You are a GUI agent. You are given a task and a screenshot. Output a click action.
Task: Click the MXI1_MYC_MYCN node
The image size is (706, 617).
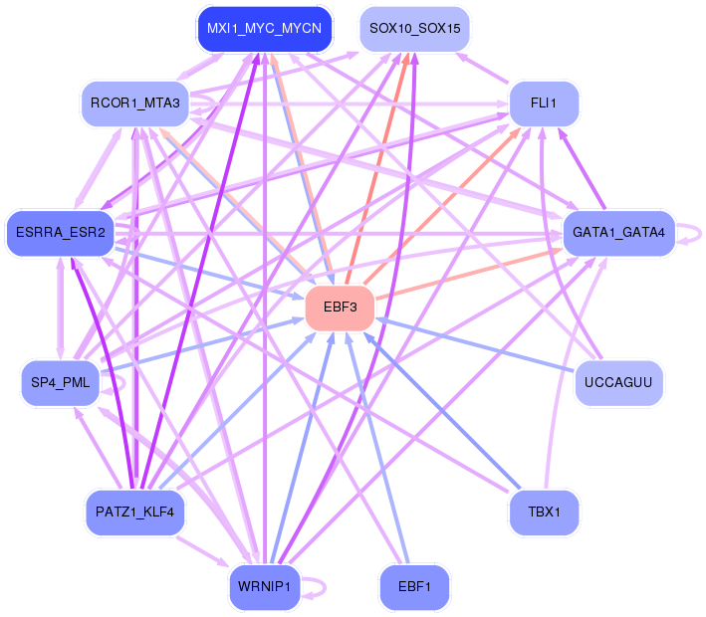tap(264, 29)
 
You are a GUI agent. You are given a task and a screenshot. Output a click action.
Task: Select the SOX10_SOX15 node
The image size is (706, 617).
tap(414, 29)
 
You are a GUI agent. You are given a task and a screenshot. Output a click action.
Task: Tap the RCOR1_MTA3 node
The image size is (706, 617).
tap(134, 103)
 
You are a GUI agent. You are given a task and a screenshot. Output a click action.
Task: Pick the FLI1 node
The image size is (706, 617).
tap(544, 103)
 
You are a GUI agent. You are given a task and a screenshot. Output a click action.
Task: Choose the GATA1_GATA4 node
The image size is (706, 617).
tap(618, 233)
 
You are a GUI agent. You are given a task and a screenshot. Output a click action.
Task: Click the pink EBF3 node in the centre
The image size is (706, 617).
tap(340, 307)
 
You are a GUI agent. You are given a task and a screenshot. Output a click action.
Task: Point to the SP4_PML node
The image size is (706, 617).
tap(62, 383)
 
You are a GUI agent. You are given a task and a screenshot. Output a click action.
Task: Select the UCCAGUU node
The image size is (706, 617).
tap(618, 383)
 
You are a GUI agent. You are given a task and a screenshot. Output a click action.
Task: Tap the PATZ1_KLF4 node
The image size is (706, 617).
tap(134, 513)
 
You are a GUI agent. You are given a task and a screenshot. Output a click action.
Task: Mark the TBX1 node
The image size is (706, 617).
tap(544, 513)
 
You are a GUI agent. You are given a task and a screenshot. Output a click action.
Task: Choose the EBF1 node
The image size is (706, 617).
tap(414, 587)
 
